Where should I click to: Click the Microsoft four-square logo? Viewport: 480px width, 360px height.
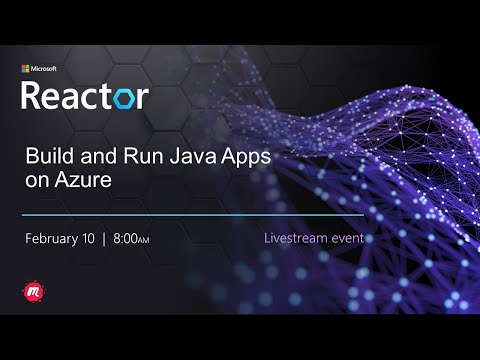click(x=26, y=69)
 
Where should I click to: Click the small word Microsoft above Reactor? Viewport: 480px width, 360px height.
click(x=46, y=69)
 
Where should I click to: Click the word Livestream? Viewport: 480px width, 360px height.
click(x=299, y=239)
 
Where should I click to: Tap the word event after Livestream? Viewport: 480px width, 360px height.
click(x=350, y=239)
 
